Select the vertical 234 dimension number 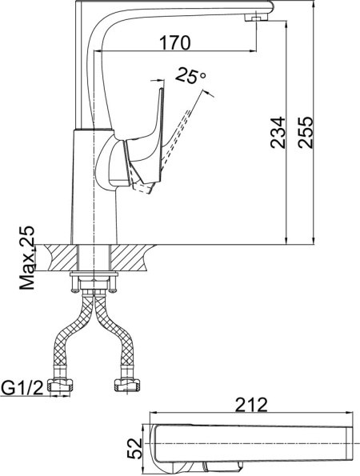pyautogui.click(x=277, y=130)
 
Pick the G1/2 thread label pyautogui.click(x=22, y=389)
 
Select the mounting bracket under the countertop pyautogui.click(x=95, y=282)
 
